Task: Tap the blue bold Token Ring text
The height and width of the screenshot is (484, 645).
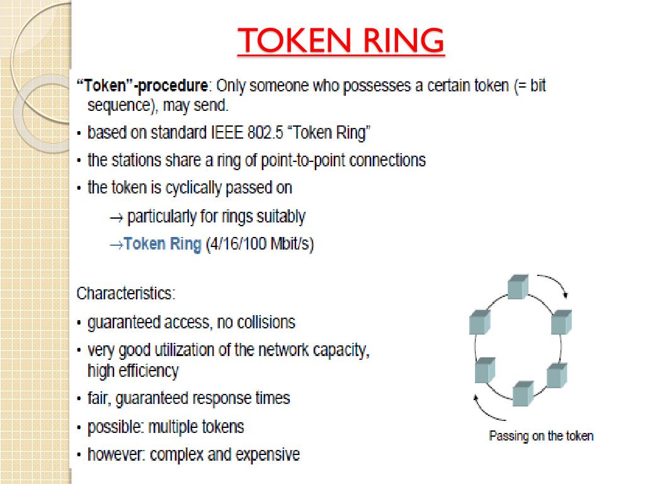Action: click(x=163, y=245)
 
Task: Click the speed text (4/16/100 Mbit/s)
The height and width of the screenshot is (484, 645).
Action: click(x=259, y=245)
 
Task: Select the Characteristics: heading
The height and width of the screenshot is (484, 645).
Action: click(x=126, y=294)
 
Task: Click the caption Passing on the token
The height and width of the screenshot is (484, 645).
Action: click(x=541, y=435)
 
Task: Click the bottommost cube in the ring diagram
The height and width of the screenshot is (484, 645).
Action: click(x=523, y=393)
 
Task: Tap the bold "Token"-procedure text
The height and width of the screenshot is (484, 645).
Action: click(x=142, y=86)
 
